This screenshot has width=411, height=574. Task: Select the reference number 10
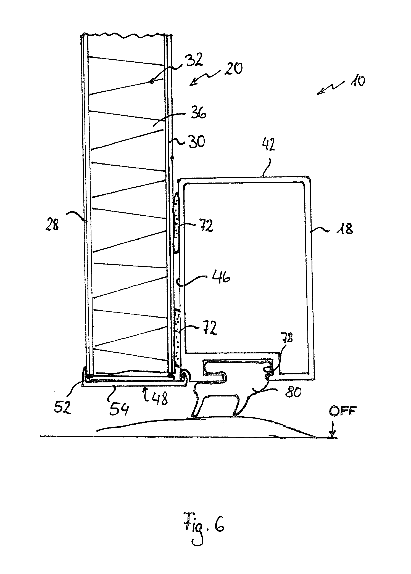357,81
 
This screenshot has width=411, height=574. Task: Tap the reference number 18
345,228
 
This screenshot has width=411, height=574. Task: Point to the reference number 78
287,338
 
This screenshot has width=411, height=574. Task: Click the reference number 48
159,399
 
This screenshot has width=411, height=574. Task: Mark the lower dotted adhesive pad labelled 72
177,338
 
